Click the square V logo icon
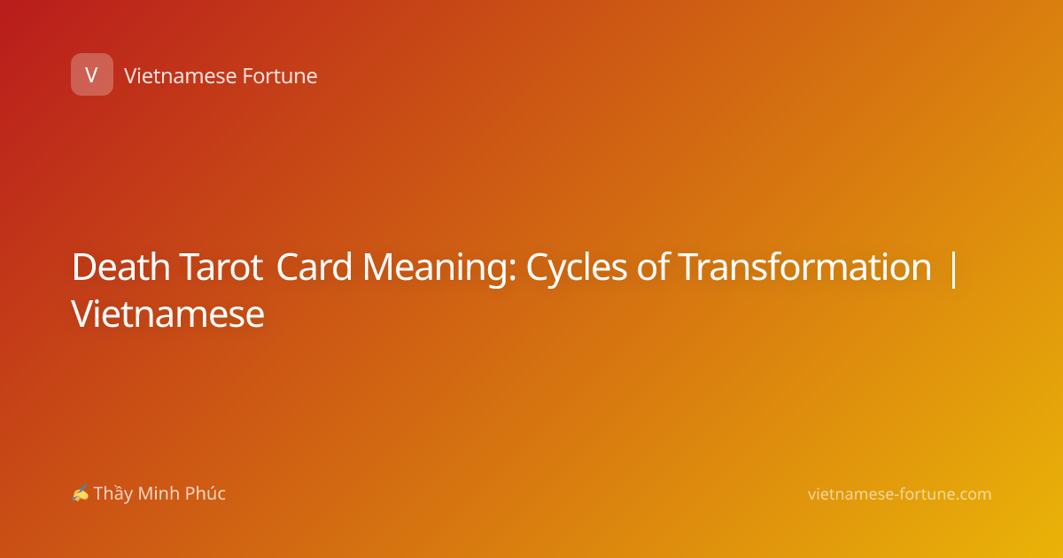pyautogui.click(x=92, y=74)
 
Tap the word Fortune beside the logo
pyautogui.click(x=280, y=76)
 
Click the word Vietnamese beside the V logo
pyautogui.click(x=181, y=76)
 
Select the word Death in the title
pyautogui.click(x=121, y=267)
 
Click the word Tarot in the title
pyautogui.click(x=221, y=267)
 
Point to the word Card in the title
pyautogui.click(x=314, y=267)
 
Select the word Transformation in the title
pyautogui.click(x=804, y=267)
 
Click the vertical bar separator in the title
pyautogui.click(x=953, y=269)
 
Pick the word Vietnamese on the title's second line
pyautogui.click(x=167, y=314)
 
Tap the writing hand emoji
pyautogui.click(x=81, y=493)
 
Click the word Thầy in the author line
pyautogui.click(x=113, y=493)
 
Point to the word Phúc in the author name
pyautogui.click(x=205, y=492)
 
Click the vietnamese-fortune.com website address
pyautogui.click(x=899, y=494)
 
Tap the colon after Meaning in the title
pyautogui.click(x=513, y=272)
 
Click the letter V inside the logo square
pyautogui.click(x=91, y=75)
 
